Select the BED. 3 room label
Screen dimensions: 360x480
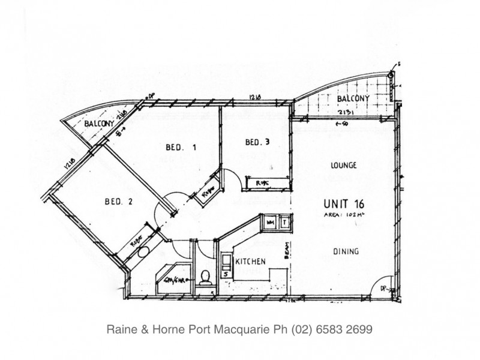click(x=256, y=142)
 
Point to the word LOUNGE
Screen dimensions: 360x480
click(x=344, y=165)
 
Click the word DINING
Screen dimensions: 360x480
click(x=346, y=252)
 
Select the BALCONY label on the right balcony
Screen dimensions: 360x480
click(x=352, y=98)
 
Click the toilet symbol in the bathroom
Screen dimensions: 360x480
click(x=206, y=277)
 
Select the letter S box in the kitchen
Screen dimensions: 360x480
click(x=226, y=274)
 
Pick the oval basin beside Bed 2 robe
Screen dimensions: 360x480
click(x=142, y=253)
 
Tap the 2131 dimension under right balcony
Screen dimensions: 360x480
click(x=346, y=112)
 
